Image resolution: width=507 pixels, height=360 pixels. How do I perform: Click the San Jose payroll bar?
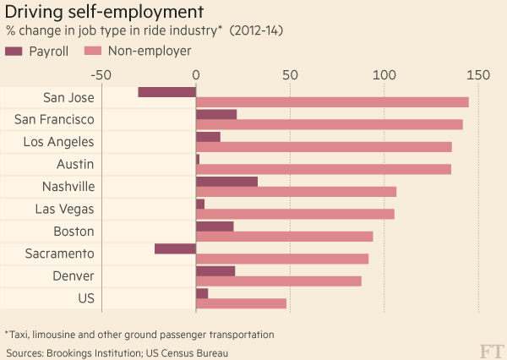(166, 91)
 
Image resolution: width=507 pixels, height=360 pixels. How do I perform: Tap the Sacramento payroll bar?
(175, 248)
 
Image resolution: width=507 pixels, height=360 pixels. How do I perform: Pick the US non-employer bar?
(241, 303)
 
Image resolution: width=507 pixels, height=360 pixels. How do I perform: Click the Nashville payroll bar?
(226, 181)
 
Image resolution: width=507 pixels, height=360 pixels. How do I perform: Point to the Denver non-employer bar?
(278, 281)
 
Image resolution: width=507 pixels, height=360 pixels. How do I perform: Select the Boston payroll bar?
(215, 226)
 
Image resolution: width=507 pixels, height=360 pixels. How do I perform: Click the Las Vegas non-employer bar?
(295, 214)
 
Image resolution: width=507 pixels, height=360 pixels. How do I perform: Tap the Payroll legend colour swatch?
(14, 52)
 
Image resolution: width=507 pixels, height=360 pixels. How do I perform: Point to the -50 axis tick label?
(101, 74)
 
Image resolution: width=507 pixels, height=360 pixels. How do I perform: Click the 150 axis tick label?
(478, 74)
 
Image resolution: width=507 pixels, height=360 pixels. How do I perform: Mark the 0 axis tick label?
(196, 74)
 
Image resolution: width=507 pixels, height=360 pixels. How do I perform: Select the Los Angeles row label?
(58, 141)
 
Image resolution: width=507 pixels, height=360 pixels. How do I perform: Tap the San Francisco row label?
(54, 119)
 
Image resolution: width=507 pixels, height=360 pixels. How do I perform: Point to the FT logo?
(490, 348)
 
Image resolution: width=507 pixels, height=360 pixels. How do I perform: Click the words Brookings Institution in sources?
(90, 352)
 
